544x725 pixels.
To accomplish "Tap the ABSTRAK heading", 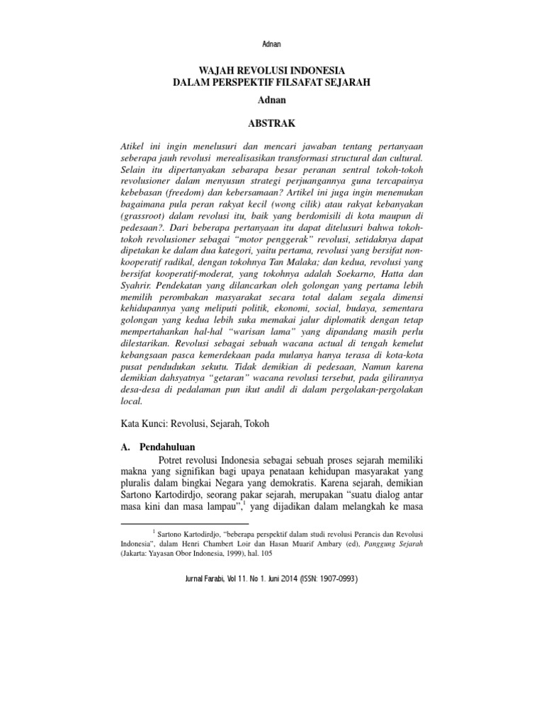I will [271, 123].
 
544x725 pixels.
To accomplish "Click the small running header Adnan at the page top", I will [271, 44].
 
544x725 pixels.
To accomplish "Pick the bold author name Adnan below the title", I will [271, 102].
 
